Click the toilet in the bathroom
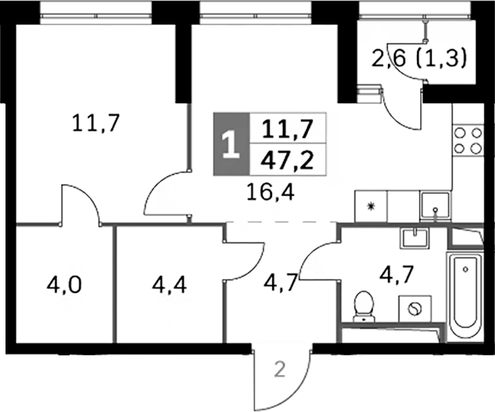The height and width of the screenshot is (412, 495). [363, 306]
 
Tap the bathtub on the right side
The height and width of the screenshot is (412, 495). [465, 297]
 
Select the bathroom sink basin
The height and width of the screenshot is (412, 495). [415, 238]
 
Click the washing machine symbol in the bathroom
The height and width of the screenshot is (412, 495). [415, 309]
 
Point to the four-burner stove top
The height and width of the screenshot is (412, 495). [467, 141]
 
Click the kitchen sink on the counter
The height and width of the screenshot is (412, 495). [436, 206]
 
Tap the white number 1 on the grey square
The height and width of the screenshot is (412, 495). [232, 145]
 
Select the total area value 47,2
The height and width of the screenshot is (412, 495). [287, 161]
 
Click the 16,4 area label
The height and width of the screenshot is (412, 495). [271, 192]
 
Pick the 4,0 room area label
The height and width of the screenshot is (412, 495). [64, 285]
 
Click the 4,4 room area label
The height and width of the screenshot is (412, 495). [169, 285]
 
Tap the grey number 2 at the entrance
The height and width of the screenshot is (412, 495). [280, 369]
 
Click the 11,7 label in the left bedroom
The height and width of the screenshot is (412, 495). [95, 123]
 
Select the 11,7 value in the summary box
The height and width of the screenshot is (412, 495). [287, 129]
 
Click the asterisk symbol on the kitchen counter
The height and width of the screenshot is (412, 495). [370, 206]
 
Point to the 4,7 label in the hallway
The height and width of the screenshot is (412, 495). [281, 282]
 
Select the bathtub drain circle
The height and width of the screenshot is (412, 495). [465, 269]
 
